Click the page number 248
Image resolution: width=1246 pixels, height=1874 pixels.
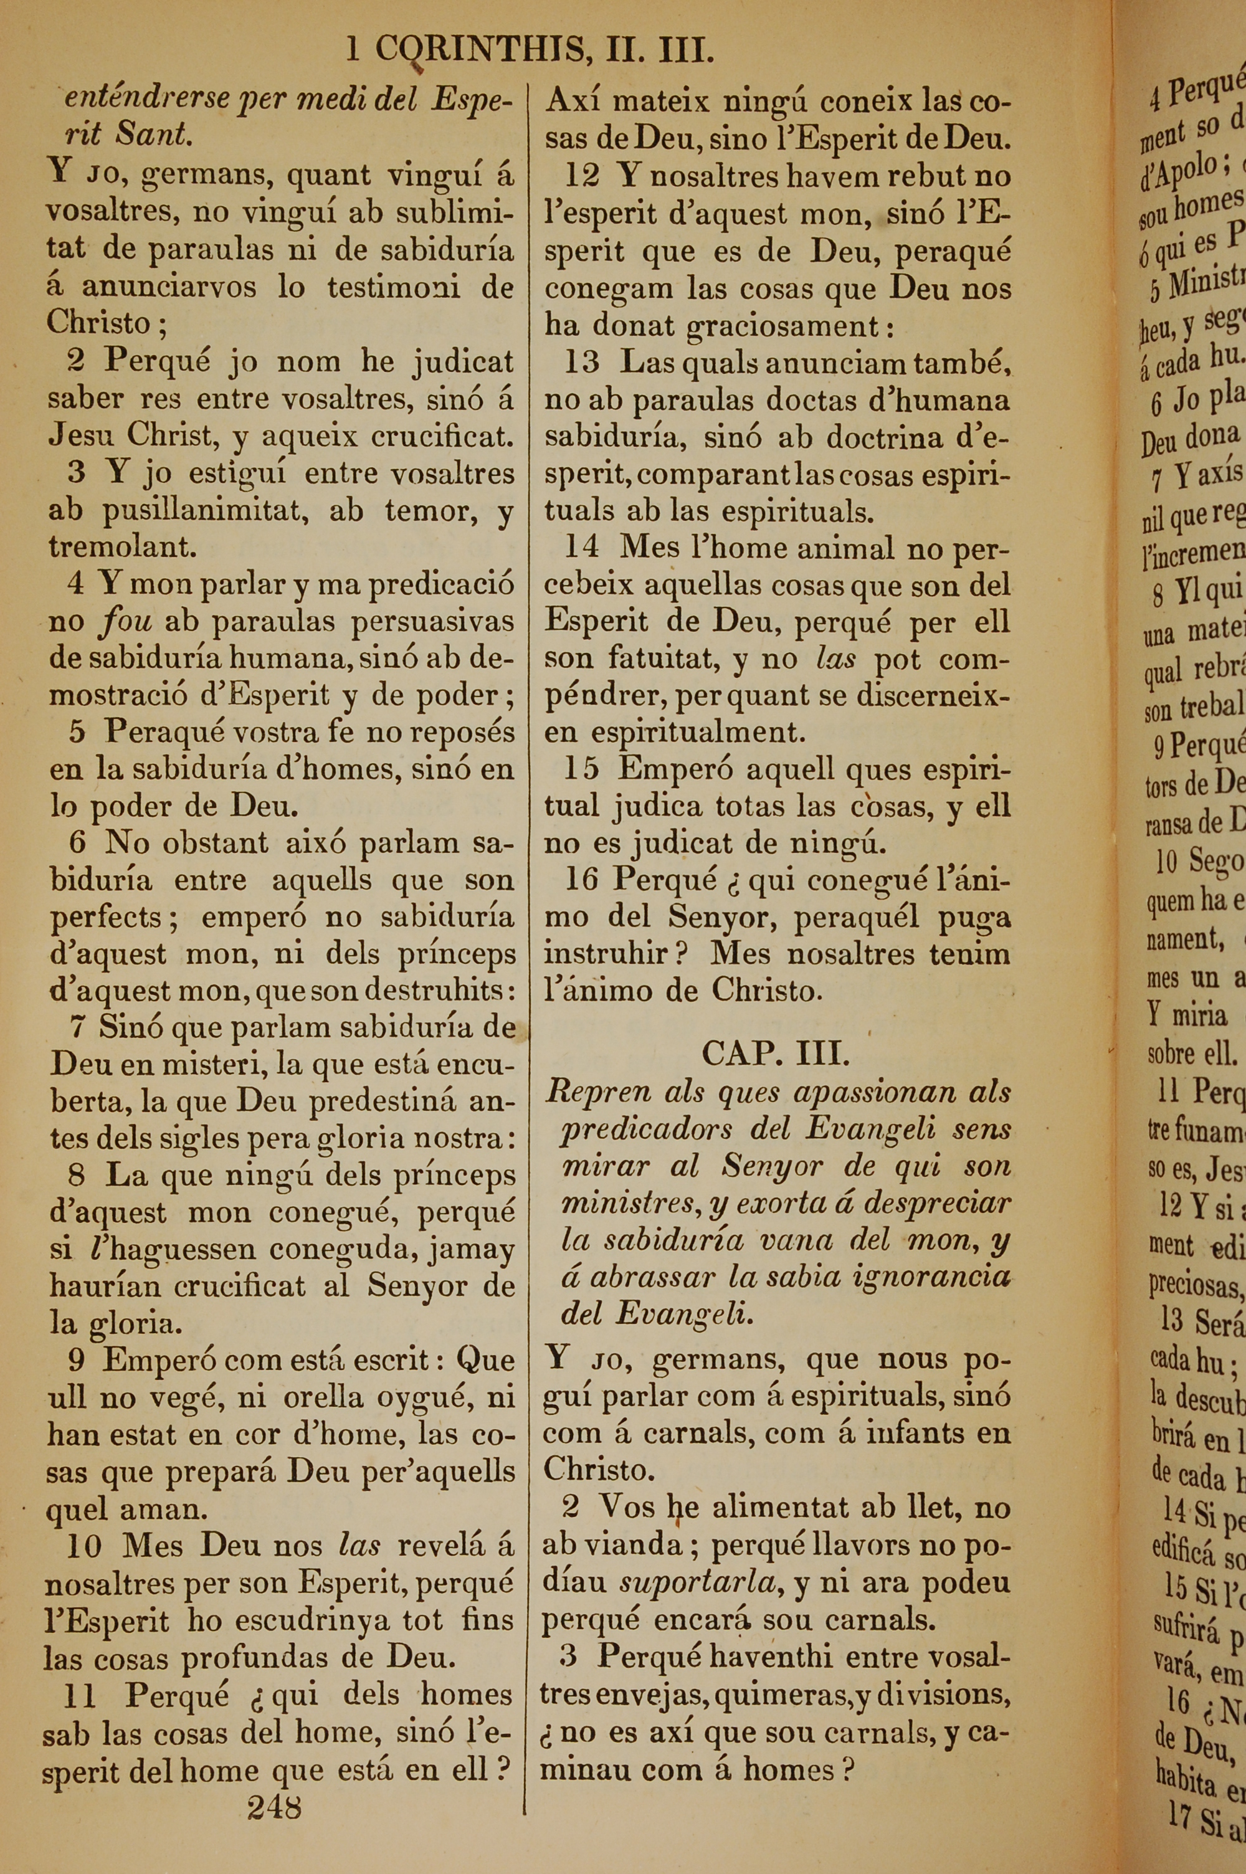click(x=274, y=1808)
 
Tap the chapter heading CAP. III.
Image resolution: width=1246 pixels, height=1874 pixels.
click(x=776, y=1054)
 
